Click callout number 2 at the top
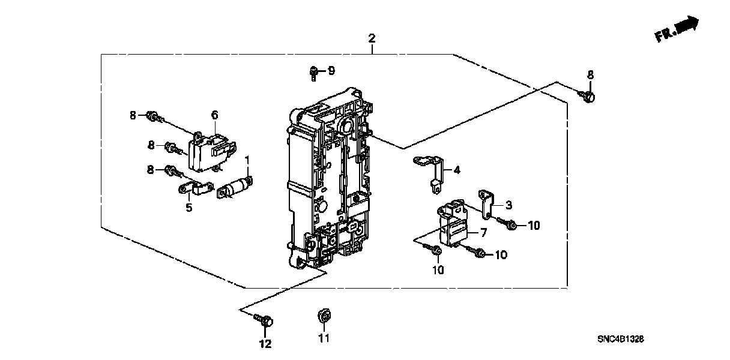tap(372, 39)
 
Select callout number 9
tap(331, 71)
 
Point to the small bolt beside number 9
tap(314, 73)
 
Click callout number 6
tap(214, 115)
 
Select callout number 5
tap(189, 208)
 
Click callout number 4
tap(457, 170)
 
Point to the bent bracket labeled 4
tap(431, 171)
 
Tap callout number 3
tap(508, 205)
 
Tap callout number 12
tap(265, 344)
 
